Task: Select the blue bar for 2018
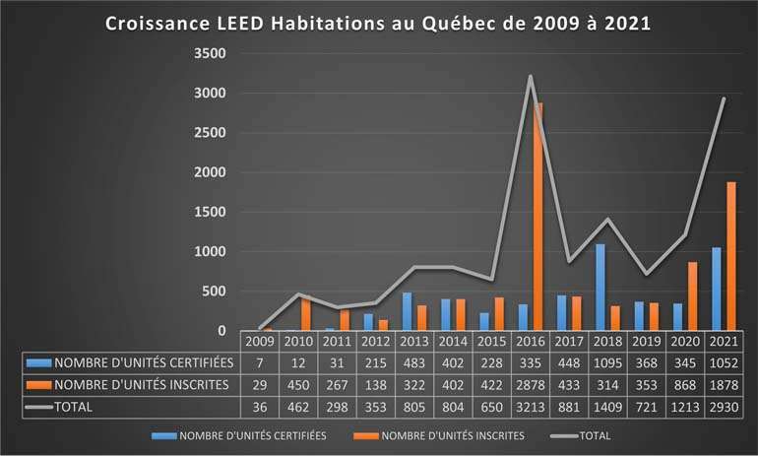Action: point(600,287)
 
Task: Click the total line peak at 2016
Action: point(531,76)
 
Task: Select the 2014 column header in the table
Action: point(453,341)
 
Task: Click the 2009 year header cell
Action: point(261,341)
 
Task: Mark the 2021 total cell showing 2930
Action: point(723,406)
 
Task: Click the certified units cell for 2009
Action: point(261,362)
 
